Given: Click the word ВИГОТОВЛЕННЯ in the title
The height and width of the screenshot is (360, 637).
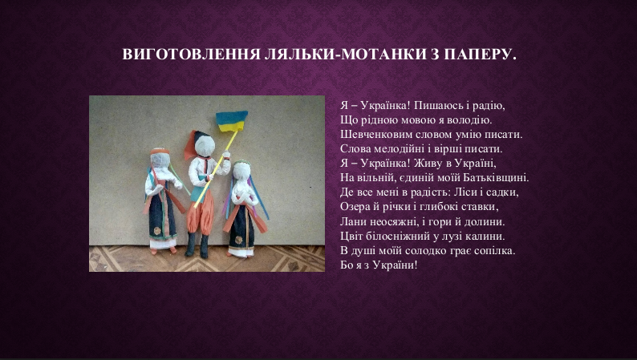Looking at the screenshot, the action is [191, 55].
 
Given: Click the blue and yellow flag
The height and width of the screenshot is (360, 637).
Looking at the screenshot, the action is [231, 121].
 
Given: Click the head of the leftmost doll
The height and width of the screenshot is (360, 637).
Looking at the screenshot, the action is [160, 159].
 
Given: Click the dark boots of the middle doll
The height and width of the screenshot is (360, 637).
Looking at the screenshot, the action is [197, 245].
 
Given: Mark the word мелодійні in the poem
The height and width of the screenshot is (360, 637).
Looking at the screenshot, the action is [396, 149].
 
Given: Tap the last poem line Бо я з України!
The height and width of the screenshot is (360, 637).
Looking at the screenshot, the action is [379, 265].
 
